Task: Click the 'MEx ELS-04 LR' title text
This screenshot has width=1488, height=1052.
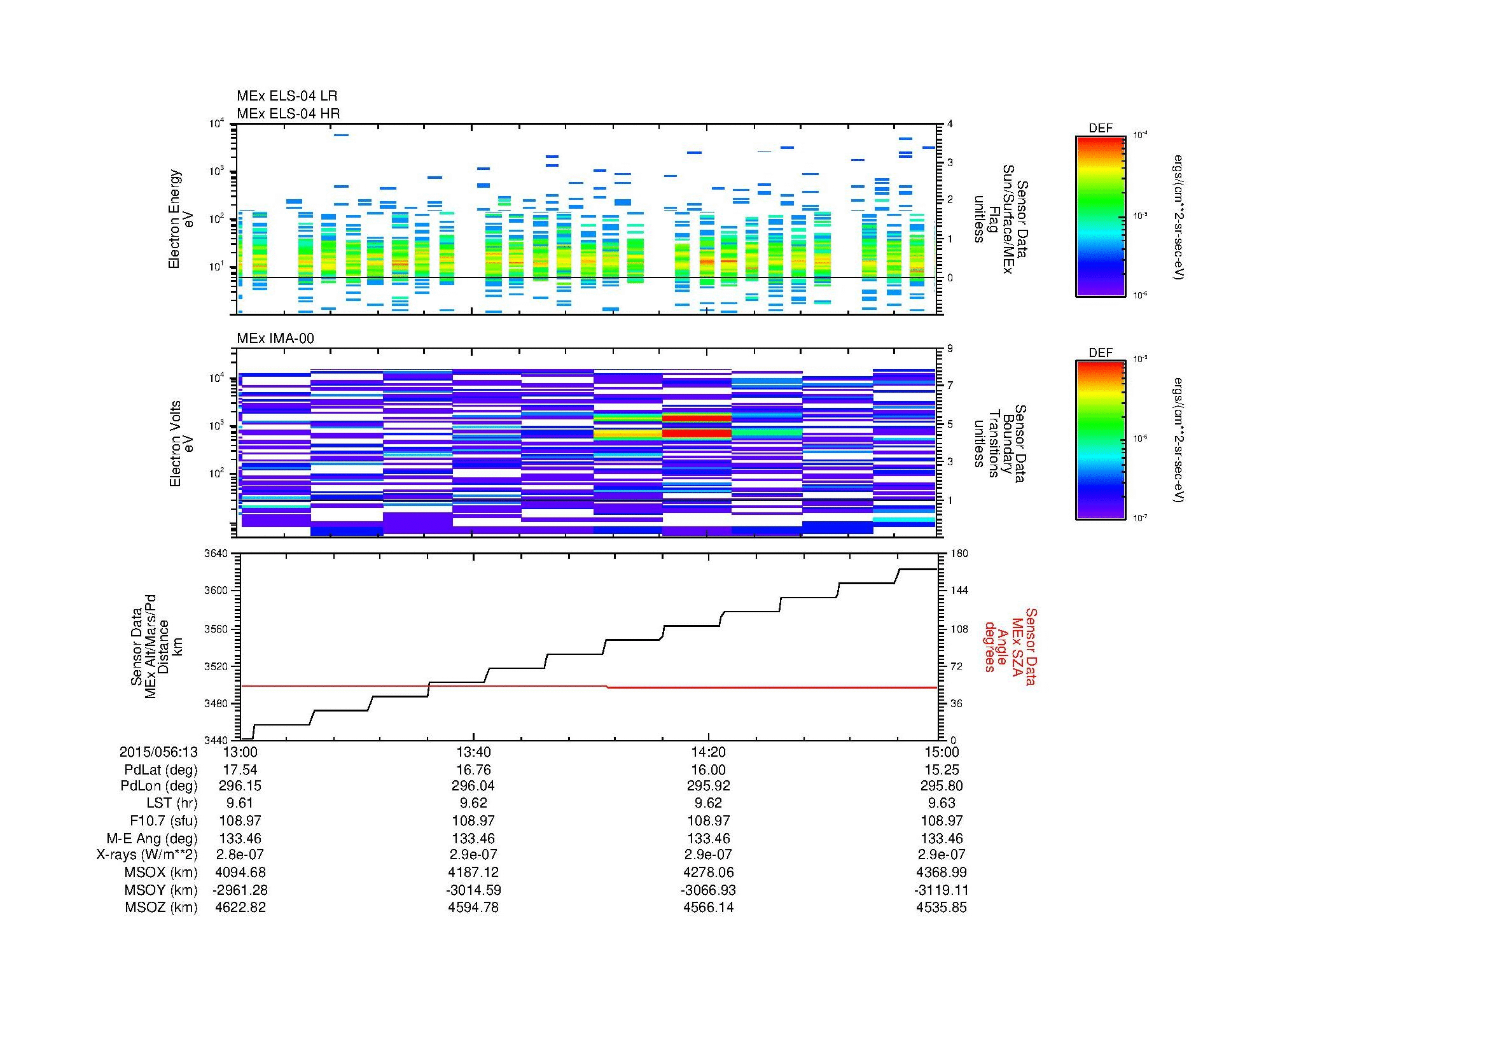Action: tap(286, 96)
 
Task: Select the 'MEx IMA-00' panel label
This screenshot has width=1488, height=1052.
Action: tap(275, 339)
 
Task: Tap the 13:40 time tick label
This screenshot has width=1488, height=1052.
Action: tap(474, 752)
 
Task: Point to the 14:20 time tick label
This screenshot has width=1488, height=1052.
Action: tap(708, 752)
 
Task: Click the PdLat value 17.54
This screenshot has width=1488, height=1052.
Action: tap(240, 769)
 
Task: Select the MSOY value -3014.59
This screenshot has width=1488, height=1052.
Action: tap(474, 890)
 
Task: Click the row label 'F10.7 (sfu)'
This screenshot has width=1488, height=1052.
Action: tap(163, 820)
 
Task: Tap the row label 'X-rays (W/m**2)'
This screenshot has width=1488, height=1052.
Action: tap(146, 855)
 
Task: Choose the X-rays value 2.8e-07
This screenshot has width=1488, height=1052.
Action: tap(240, 855)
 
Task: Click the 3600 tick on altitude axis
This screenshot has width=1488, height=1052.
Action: tap(216, 591)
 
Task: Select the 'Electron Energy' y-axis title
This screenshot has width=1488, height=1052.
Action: tap(174, 219)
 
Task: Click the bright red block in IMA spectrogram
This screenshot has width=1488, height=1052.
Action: tap(697, 432)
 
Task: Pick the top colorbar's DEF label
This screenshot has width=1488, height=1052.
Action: tap(1100, 129)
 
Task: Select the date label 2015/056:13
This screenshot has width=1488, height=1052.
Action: tap(158, 752)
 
